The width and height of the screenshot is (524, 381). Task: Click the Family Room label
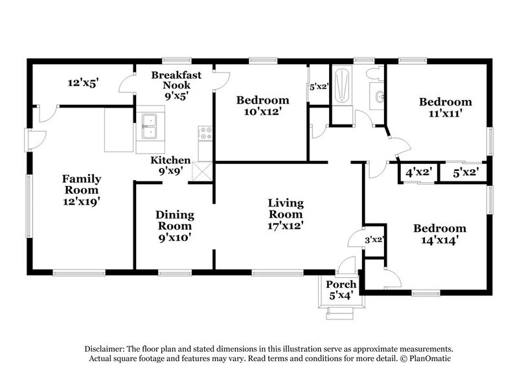[x=80, y=190]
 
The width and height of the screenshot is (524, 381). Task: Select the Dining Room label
[x=174, y=226]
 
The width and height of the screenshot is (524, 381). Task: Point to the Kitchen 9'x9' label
[x=170, y=166]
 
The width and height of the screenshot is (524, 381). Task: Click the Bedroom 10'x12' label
[x=262, y=106]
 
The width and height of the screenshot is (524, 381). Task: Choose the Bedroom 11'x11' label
[x=445, y=108]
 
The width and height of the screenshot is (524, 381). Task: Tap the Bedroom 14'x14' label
[x=440, y=234]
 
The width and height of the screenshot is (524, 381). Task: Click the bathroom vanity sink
[x=380, y=98]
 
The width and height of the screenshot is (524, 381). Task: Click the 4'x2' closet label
[x=418, y=173]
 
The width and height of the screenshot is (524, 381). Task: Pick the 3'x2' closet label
[x=375, y=240]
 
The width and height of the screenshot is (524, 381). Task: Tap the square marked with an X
[x=203, y=170]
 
